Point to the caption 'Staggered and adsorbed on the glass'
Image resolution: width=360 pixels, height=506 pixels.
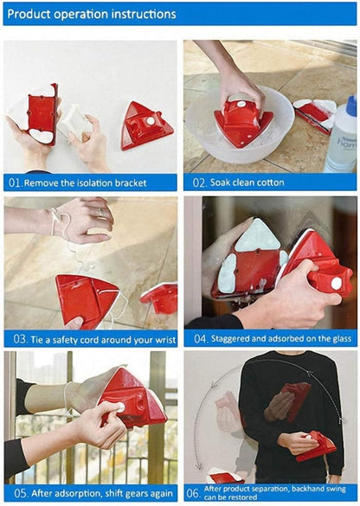(278, 339)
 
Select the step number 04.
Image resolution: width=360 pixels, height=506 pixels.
(194, 339)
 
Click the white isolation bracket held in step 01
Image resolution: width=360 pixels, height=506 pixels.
(74, 121)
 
